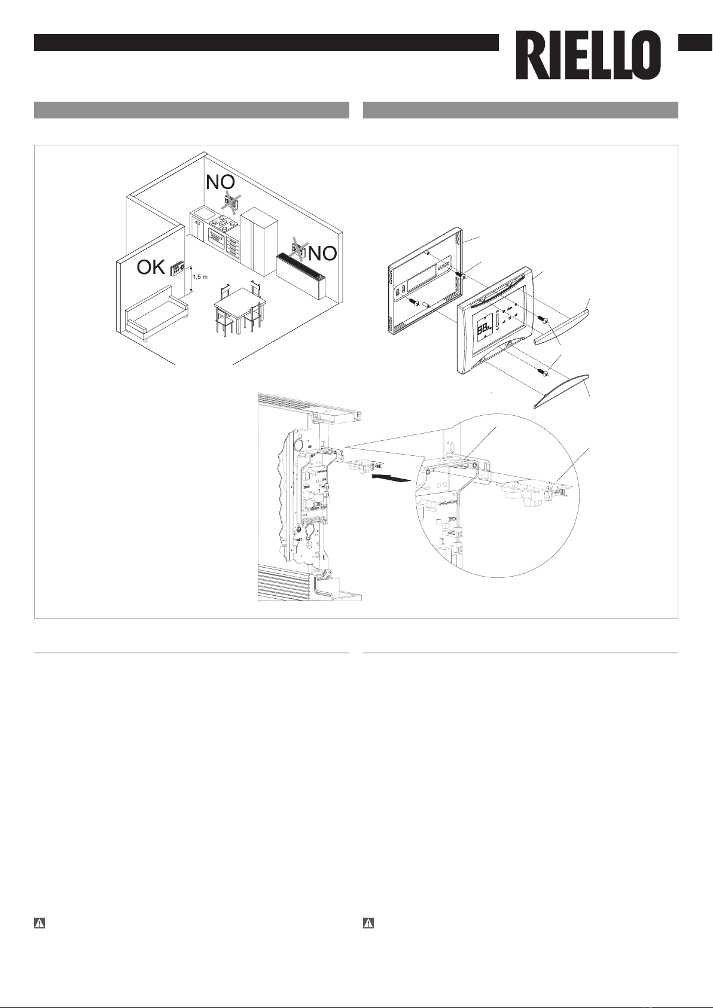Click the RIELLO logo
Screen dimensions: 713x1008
tap(589, 56)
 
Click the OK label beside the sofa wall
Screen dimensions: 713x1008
tap(151, 267)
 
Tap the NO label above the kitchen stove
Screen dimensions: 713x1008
tap(221, 182)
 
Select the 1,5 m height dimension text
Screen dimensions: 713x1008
tap(200, 277)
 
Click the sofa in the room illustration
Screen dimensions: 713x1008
tap(156, 315)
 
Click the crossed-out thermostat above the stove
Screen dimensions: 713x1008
tap(230, 203)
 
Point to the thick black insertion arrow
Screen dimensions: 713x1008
tap(393, 479)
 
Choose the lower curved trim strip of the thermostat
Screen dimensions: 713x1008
tap(560, 390)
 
